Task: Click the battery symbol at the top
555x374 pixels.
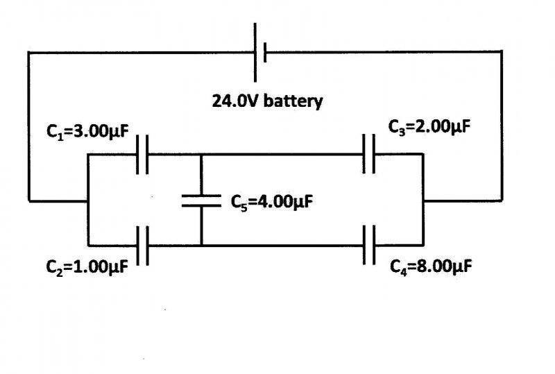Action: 260,51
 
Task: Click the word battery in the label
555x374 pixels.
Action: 295,101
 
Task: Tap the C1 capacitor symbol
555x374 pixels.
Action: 142,154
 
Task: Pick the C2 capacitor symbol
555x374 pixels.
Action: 142,245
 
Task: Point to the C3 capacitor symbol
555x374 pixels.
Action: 369,154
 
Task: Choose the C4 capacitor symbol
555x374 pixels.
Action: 369,245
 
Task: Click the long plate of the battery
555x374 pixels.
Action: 255,51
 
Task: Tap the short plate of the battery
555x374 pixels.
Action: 265,51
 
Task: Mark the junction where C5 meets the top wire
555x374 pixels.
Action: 201,154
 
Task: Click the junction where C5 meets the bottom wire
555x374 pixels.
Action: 201,245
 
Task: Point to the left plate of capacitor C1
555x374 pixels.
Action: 138,154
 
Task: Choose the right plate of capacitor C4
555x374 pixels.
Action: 374,245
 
